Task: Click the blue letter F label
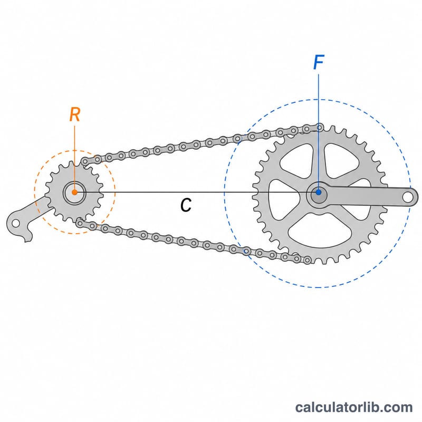click(x=319, y=62)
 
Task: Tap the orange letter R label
click(x=75, y=114)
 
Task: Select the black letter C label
click(x=186, y=205)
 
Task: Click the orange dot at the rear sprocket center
click(x=74, y=192)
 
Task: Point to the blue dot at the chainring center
click(x=319, y=192)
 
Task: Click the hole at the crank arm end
click(x=407, y=197)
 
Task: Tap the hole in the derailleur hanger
click(x=16, y=223)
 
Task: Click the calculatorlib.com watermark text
click(x=353, y=407)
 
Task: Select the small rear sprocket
click(x=74, y=192)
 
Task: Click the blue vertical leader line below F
click(x=319, y=132)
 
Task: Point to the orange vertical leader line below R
click(x=74, y=158)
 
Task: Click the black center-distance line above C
click(x=196, y=192)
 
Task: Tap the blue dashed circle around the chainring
click(x=224, y=193)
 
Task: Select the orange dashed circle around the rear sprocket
click(x=34, y=192)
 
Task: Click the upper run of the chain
click(x=202, y=144)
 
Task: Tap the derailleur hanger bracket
click(x=24, y=218)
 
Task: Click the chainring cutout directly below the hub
click(x=320, y=232)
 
